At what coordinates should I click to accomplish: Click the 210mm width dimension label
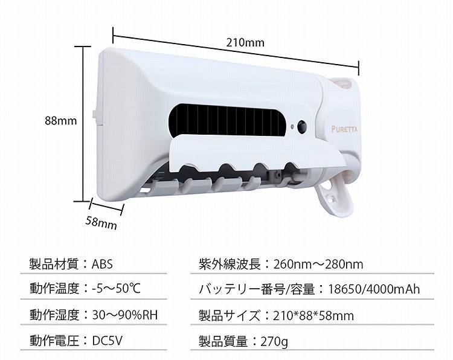pyautogui.click(x=245, y=42)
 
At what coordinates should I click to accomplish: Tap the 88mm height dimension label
pyautogui.click(x=60, y=120)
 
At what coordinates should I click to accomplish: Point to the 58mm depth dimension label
pyautogui.click(x=101, y=223)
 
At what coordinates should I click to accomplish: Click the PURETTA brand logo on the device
pyautogui.click(x=344, y=129)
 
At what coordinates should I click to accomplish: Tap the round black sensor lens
pyautogui.click(x=302, y=126)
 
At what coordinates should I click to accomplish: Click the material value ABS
pyautogui.click(x=102, y=264)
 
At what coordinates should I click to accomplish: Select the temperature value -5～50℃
pyautogui.click(x=116, y=288)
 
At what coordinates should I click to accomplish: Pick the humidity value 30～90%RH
pyautogui.click(x=125, y=315)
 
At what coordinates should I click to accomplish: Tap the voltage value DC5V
pyautogui.click(x=107, y=341)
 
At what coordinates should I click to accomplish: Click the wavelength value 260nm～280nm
pyautogui.click(x=318, y=264)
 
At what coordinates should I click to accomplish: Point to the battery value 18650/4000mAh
pyautogui.click(x=374, y=289)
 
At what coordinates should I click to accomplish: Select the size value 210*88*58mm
pyautogui.click(x=313, y=315)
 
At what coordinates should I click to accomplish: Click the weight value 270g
pyautogui.click(x=274, y=342)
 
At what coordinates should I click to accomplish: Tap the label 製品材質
pyautogui.click(x=54, y=264)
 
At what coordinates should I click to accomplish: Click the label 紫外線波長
pyautogui.click(x=230, y=264)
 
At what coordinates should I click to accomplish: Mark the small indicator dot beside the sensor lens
pyautogui.click(x=292, y=127)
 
